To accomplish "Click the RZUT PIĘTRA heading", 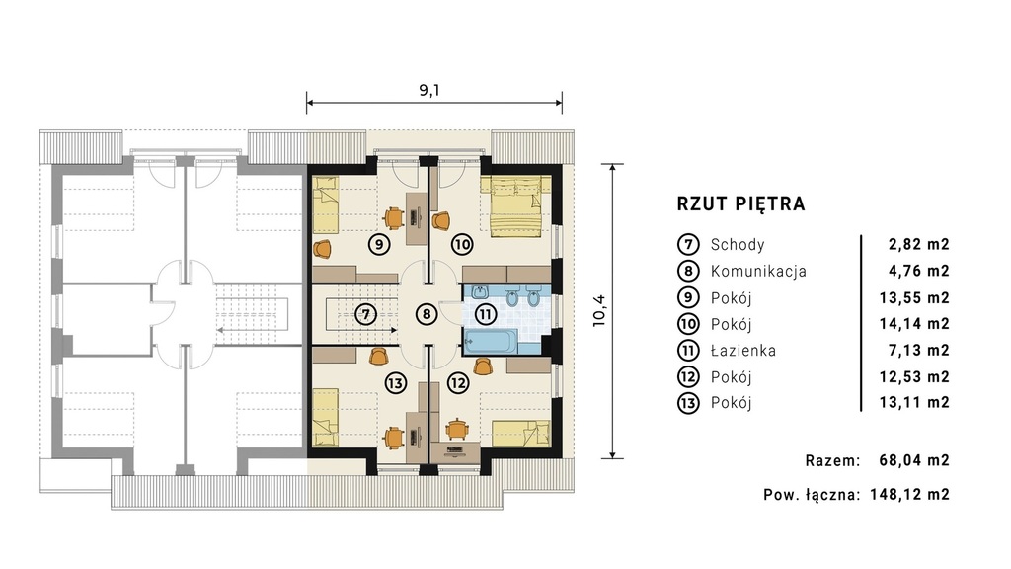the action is [x=740, y=203].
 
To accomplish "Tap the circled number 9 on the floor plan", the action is [x=379, y=245].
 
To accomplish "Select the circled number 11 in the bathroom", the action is [x=486, y=315].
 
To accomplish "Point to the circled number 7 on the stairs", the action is [x=365, y=315].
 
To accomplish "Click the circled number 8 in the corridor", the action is [x=427, y=315].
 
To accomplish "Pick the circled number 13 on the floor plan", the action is [x=396, y=383].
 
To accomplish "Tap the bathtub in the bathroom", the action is [x=491, y=342].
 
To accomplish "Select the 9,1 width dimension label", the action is [x=429, y=90].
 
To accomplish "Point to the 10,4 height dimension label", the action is [x=599, y=310].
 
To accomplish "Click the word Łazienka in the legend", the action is [x=742, y=351].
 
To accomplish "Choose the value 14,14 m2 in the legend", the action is [x=914, y=324].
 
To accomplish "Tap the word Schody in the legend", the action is [x=738, y=245].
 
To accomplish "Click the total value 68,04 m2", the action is [x=914, y=460].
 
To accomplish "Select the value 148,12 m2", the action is [x=909, y=495].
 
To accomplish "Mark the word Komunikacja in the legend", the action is [x=758, y=271].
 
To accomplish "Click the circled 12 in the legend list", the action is [x=688, y=376].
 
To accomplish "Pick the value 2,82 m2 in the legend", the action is [x=919, y=245].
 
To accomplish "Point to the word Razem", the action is [x=832, y=460].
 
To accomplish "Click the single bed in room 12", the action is [x=521, y=433].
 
